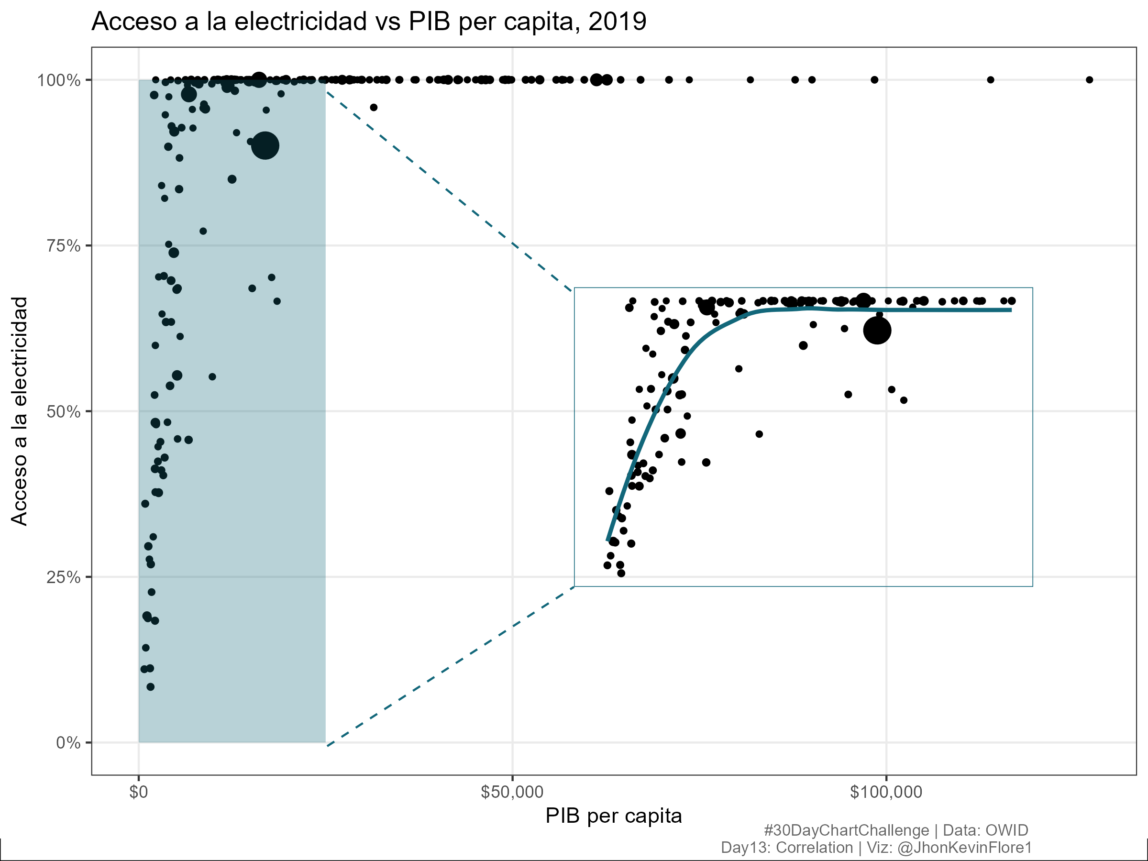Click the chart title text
point(368,22)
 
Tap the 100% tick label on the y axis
point(59,80)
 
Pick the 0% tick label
point(68,743)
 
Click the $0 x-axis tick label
point(139,792)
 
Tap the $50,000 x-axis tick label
point(512,792)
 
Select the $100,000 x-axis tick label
point(886,792)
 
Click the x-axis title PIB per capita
point(613,817)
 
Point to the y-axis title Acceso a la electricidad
point(20,411)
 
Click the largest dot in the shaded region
point(265,146)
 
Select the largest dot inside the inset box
point(877,330)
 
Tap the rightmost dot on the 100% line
point(1089,80)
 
